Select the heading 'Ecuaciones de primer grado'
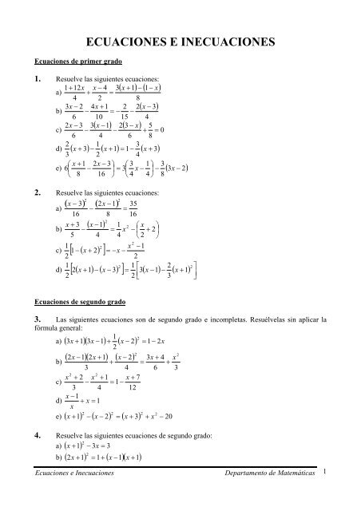coord(73,61)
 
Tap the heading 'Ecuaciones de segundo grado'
coord(76,303)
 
